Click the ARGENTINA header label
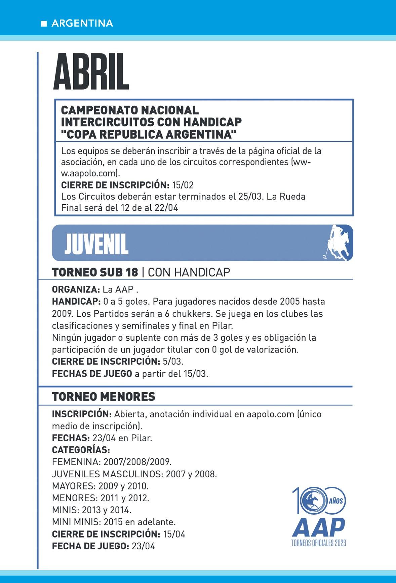pos(82,23)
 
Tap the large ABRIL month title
pos(91,72)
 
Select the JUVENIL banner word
pos(96,244)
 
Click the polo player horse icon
pos(338,243)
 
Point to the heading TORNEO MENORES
pos(104,397)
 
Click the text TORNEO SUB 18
pos(95,272)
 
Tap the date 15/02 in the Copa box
pos(183,185)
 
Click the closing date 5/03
pos(173,362)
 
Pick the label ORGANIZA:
pos(76,289)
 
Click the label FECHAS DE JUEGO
pos(92,374)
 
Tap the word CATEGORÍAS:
pos(81,450)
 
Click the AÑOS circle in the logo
pos(335,501)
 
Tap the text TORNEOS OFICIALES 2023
pos(319,543)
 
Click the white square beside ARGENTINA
pos(44,24)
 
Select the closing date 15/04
pos(174,534)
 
